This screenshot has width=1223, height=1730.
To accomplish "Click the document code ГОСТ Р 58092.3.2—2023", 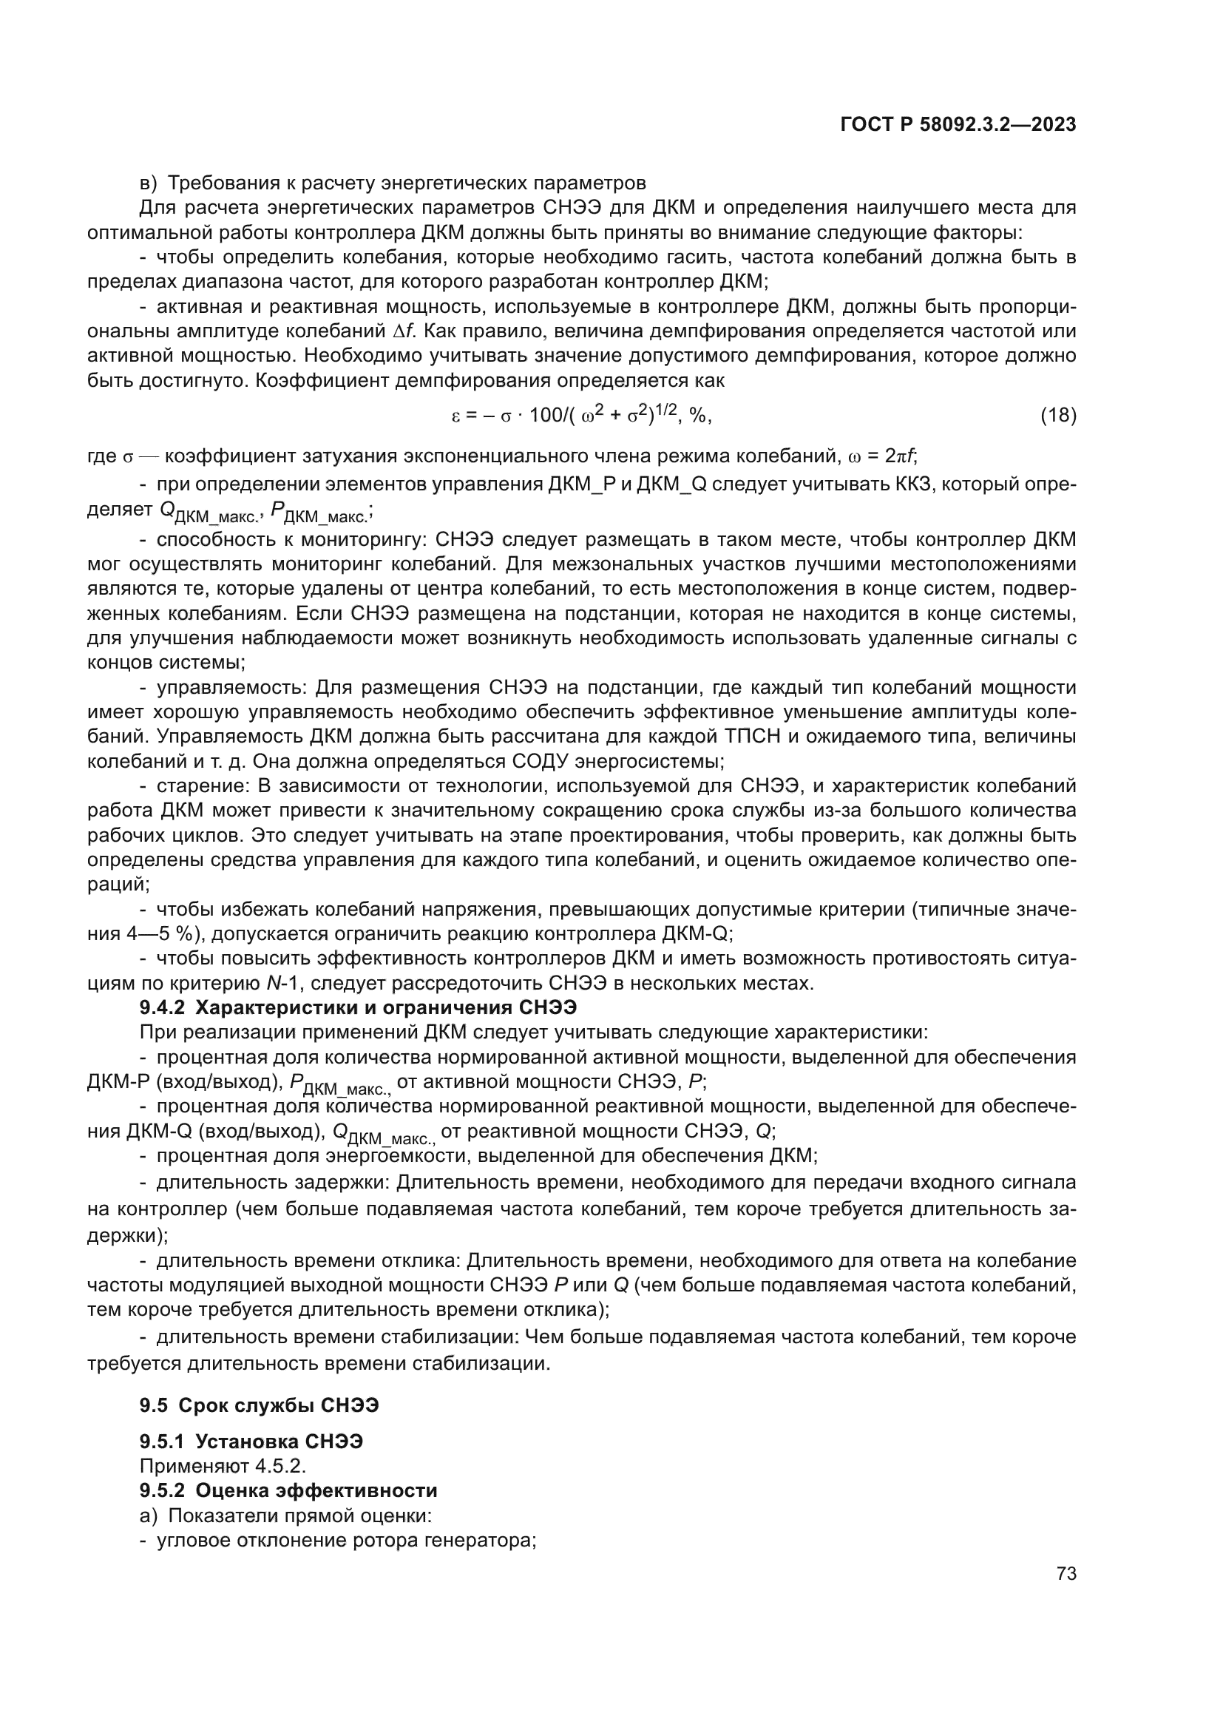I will (x=957, y=125).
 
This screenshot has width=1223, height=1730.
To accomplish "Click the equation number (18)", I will (x=1057, y=415).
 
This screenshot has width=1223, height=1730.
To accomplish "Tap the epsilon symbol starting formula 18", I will (x=455, y=416).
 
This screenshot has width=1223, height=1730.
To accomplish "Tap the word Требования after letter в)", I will (x=218, y=183).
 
